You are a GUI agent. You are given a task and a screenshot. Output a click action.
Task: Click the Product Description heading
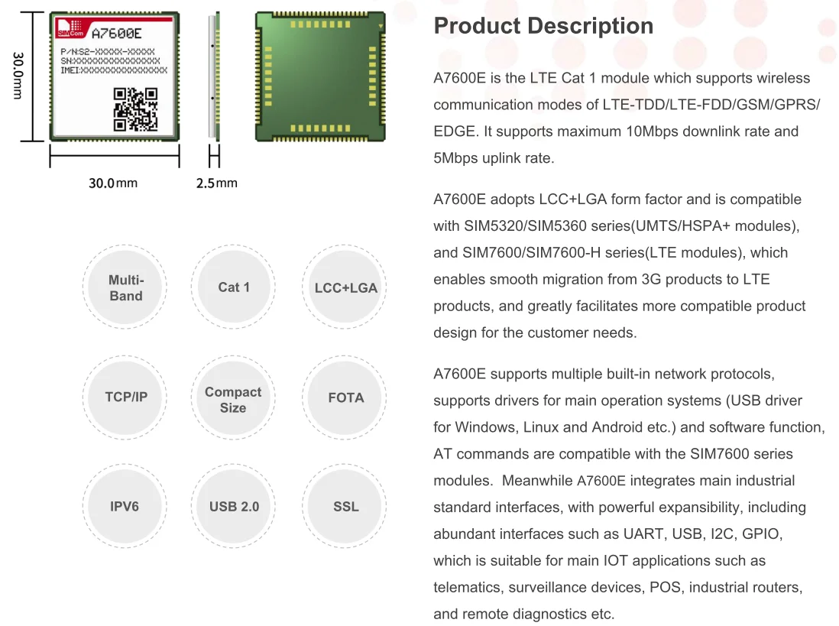click(543, 26)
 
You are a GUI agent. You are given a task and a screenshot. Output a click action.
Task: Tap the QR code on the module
click(135, 109)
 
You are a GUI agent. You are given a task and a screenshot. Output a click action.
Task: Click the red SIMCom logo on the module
click(70, 30)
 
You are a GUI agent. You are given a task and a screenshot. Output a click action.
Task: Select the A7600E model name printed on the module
click(116, 33)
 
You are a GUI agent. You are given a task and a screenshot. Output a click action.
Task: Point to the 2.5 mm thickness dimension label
click(216, 183)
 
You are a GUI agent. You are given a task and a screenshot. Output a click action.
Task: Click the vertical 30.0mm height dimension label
click(18, 75)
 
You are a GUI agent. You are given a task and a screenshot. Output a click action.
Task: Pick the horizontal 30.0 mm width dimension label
click(113, 183)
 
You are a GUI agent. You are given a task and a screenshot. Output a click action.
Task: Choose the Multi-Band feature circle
click(126, 288)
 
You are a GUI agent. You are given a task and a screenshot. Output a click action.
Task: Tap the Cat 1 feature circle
click(234, 287)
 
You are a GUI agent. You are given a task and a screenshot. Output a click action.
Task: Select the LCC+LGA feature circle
click(345, 288)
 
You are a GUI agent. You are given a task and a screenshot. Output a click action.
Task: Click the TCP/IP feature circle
click(126, 397)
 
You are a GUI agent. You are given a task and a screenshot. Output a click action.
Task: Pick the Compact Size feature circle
click(233, 399)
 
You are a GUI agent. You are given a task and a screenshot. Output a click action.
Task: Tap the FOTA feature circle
click(345, 397)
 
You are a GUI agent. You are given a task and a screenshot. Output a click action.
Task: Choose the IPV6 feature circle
click(125, 507)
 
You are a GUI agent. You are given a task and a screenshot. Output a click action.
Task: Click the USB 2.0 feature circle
click(234, 507)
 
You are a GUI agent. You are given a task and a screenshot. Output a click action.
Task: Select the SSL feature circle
click(345, 507)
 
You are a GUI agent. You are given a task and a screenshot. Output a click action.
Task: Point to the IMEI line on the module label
click(114, 70)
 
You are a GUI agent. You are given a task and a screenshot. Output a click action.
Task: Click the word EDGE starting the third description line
click(452, 131)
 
